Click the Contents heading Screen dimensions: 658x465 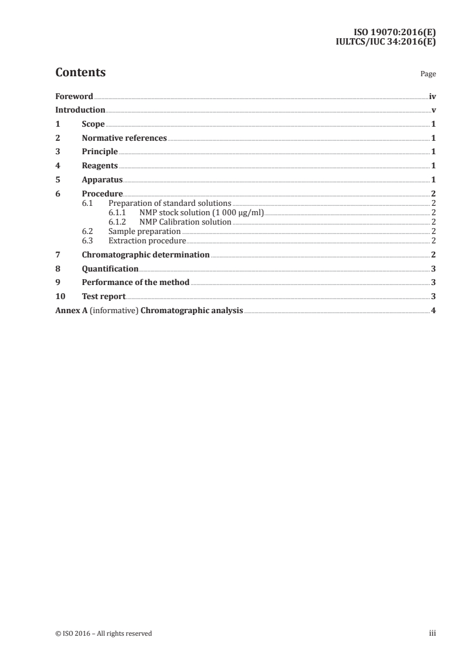point(80,73)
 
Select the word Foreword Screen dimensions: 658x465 point(74,96)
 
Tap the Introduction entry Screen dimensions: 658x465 point(80,110)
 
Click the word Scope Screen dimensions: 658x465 point(93,124)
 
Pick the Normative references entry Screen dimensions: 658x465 point(124,138)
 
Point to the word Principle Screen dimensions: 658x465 point(100,152)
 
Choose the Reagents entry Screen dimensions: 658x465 point(100,166)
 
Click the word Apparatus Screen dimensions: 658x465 point(102,179)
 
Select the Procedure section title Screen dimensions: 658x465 point(102,194)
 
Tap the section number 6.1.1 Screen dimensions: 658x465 point(118,213)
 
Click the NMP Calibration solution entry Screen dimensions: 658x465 point(185,222)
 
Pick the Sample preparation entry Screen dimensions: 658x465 point(144,232)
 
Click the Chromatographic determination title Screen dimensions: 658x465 point(145,255)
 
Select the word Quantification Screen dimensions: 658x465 point(110,269)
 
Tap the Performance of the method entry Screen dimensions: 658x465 point(135,283)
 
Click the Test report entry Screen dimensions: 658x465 point(104,297)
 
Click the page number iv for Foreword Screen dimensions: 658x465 point(432,96)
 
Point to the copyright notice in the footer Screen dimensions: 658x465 point(103,633)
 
